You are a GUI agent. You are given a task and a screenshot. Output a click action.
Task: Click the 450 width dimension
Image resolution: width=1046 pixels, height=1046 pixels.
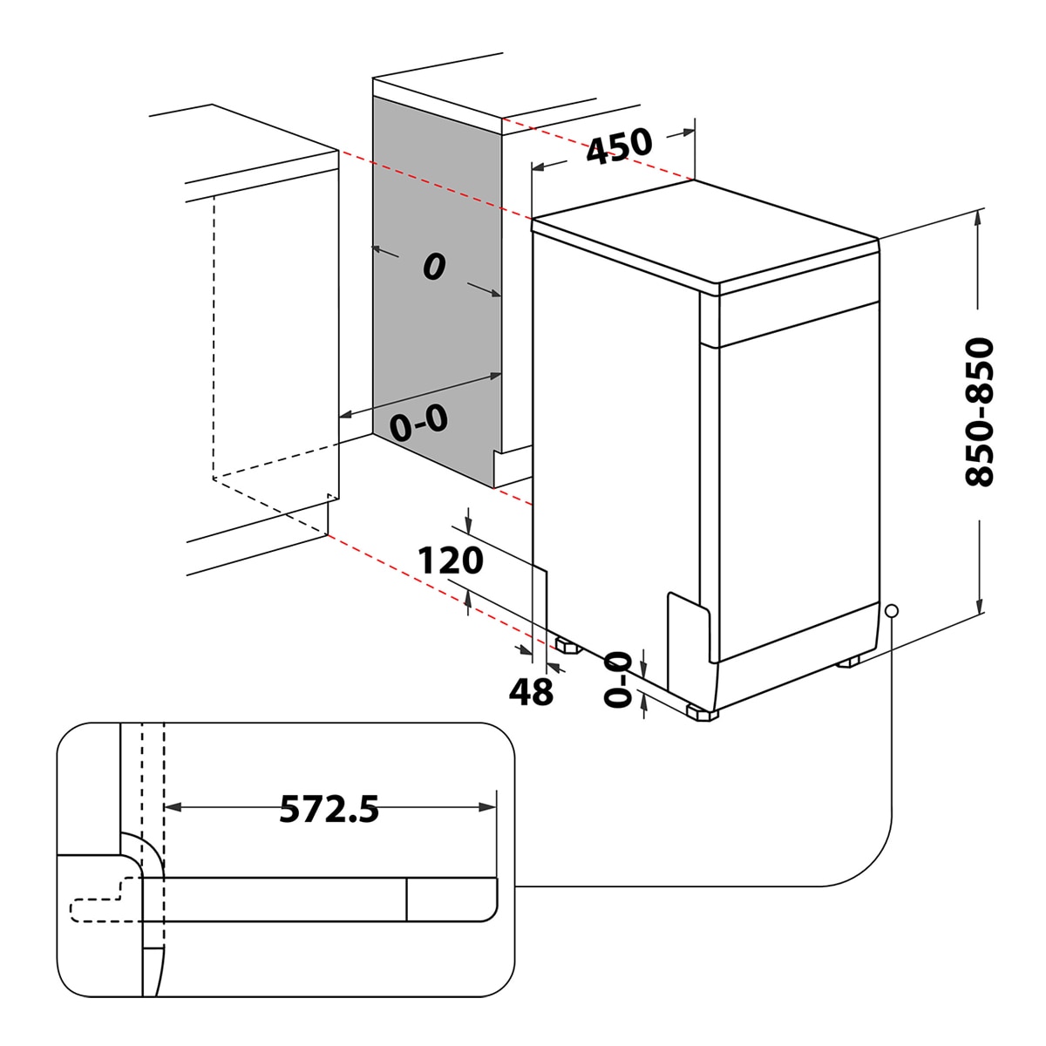(x=619, y=146)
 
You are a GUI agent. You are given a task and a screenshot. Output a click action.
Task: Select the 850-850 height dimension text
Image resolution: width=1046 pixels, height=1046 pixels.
(x=980, y=412)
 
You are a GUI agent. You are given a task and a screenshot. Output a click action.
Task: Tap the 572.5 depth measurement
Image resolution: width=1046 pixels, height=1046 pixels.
(x=329, y=809)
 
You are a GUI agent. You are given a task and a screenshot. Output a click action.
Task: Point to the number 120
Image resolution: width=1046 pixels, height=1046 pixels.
(x=450, y=560)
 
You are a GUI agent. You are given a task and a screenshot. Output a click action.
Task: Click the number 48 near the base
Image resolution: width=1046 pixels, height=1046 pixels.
(x=531, y=691)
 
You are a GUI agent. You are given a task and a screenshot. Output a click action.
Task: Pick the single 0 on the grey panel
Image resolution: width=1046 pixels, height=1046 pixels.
(x=434, y=267)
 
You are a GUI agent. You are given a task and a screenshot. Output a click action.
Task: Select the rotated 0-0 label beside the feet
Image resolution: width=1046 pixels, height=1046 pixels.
(x=618, y=680)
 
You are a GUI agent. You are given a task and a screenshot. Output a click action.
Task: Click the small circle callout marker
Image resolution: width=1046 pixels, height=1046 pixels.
(x=892, y=611)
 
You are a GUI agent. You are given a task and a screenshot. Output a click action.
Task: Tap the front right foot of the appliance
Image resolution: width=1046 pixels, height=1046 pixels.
(x=702, y=713)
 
